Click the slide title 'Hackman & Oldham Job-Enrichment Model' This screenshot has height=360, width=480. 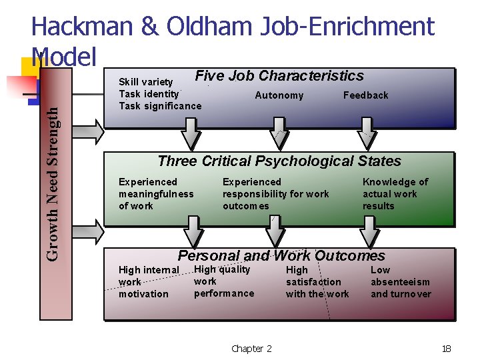(233, 27)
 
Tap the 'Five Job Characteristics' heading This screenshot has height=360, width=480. (279, 76)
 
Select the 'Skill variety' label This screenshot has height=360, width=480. (146, 82)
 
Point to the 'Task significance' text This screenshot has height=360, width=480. (160, 106)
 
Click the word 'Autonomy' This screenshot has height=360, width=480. (279, 95)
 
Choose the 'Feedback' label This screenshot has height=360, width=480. (365, 95)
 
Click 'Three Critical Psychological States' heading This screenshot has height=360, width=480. (279, 161)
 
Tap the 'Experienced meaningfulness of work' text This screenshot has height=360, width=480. (156, 194)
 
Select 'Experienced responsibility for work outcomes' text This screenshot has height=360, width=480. (275, 194)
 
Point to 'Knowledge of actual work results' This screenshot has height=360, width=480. (395, 194)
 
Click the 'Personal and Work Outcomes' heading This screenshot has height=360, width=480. (281, 256)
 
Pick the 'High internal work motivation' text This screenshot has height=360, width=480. (149, 282)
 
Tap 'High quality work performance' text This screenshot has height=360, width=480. (224, 281)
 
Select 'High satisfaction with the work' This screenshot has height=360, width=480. (317, 282)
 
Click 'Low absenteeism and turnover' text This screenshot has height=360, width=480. (401, 282)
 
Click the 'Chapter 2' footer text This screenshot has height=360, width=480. (251, 349)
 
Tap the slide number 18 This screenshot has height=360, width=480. (447, 349)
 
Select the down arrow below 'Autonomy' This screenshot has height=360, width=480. (279, 134)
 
